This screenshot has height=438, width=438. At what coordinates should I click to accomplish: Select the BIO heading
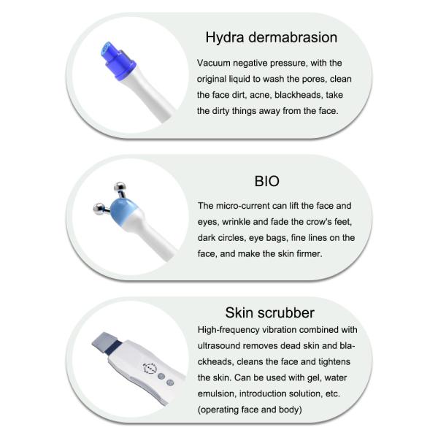[x=267, y=180]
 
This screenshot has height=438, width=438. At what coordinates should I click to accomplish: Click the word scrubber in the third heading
[x=291, y=312]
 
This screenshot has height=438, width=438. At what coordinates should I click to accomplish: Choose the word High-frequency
[x=234, y=330]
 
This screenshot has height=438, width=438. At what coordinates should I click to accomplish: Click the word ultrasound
[x=222, y=346]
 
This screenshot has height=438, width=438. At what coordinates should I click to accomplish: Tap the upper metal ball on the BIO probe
[x=116, y=188]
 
